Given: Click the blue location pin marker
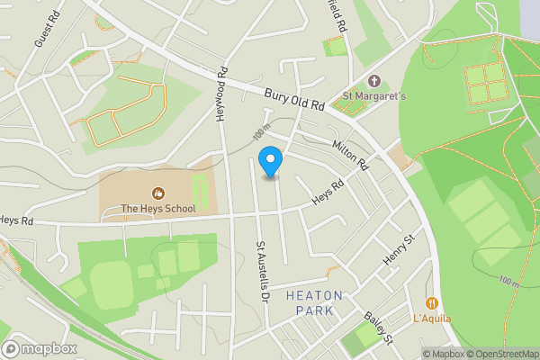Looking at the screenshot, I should point(270,163).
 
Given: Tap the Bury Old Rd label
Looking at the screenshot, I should point(294,98).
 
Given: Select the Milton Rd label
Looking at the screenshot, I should point(350,156).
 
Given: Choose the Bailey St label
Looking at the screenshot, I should point(379,326).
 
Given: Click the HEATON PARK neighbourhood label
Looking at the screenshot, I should point(314,302).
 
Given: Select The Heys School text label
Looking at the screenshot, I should point(158,209).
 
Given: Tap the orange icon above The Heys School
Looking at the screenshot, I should point(158,192).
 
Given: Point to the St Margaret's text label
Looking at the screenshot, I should point(374,96).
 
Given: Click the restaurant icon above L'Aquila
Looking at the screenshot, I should point(433,303).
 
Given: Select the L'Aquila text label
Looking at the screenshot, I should point(433,319).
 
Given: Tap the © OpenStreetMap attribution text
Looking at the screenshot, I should point(502,354).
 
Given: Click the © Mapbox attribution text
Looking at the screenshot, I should point(443,354).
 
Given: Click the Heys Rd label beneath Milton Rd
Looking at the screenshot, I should point(328,192).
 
